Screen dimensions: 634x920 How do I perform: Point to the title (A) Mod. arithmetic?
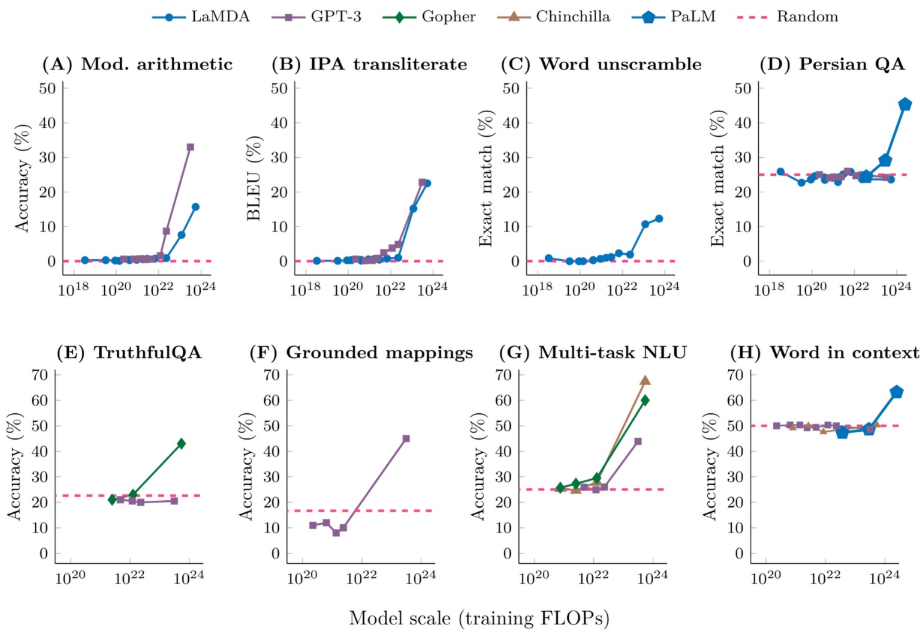pos(137,64)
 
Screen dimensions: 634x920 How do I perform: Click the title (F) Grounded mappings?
pos(361,353)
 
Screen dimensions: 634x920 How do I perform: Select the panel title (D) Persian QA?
pos(832,64)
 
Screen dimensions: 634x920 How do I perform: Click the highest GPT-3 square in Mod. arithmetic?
pos(190,147)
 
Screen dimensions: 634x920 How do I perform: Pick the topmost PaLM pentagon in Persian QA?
pos(905,104)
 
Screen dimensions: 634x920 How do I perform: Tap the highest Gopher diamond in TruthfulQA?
pos(181,443)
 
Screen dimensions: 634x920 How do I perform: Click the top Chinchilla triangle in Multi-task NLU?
pos(645,380)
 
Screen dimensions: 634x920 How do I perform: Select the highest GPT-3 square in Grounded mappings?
pos(406,438)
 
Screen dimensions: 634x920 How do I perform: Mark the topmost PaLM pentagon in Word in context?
pos(897,392)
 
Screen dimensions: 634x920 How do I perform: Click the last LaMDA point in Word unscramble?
pos(659,219)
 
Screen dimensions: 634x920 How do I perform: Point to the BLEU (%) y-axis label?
pos(254,178)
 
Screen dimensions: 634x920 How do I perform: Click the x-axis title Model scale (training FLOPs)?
pos(479,618)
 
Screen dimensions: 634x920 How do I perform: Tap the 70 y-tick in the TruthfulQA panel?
pos(39,375)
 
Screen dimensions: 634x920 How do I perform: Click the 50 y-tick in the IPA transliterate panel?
pos(279,89)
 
